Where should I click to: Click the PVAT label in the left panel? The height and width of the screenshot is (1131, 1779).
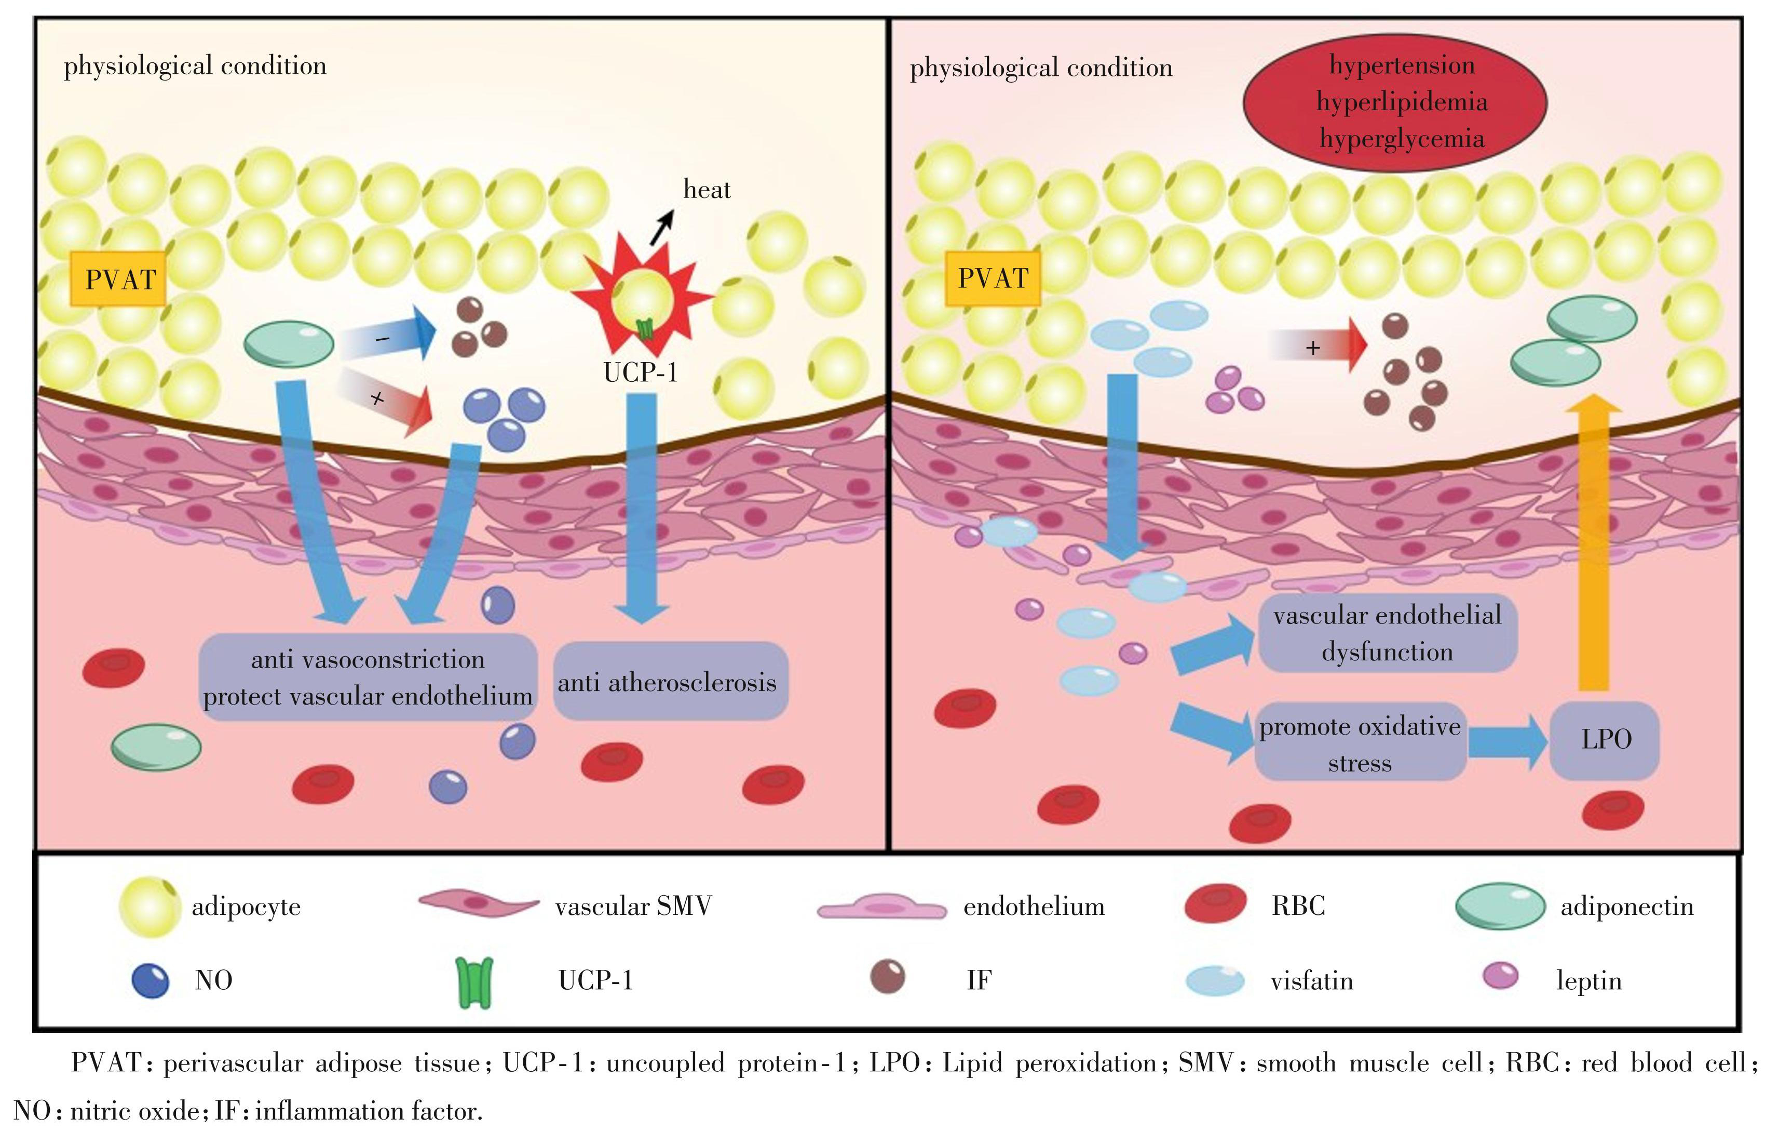tap(118, 280)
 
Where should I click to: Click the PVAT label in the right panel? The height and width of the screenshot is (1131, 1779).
tap(993, 278)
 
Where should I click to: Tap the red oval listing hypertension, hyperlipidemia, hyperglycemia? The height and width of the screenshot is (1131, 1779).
tap(1395, 102)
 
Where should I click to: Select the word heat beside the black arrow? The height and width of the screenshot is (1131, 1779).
tap(707, 190)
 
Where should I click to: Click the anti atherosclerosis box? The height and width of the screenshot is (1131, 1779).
tap(669, 682)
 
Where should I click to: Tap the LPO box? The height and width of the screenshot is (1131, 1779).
tap(1605, 739)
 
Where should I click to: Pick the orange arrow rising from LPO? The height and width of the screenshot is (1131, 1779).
tap(1594, 543)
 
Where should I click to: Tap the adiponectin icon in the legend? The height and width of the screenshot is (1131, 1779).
tap(1500, 906)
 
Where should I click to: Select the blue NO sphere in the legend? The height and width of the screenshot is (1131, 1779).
tap(150, 980)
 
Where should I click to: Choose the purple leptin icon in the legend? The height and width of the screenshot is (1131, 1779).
tap(1500, 977)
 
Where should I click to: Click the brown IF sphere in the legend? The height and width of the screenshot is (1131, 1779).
tap(887, 977)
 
